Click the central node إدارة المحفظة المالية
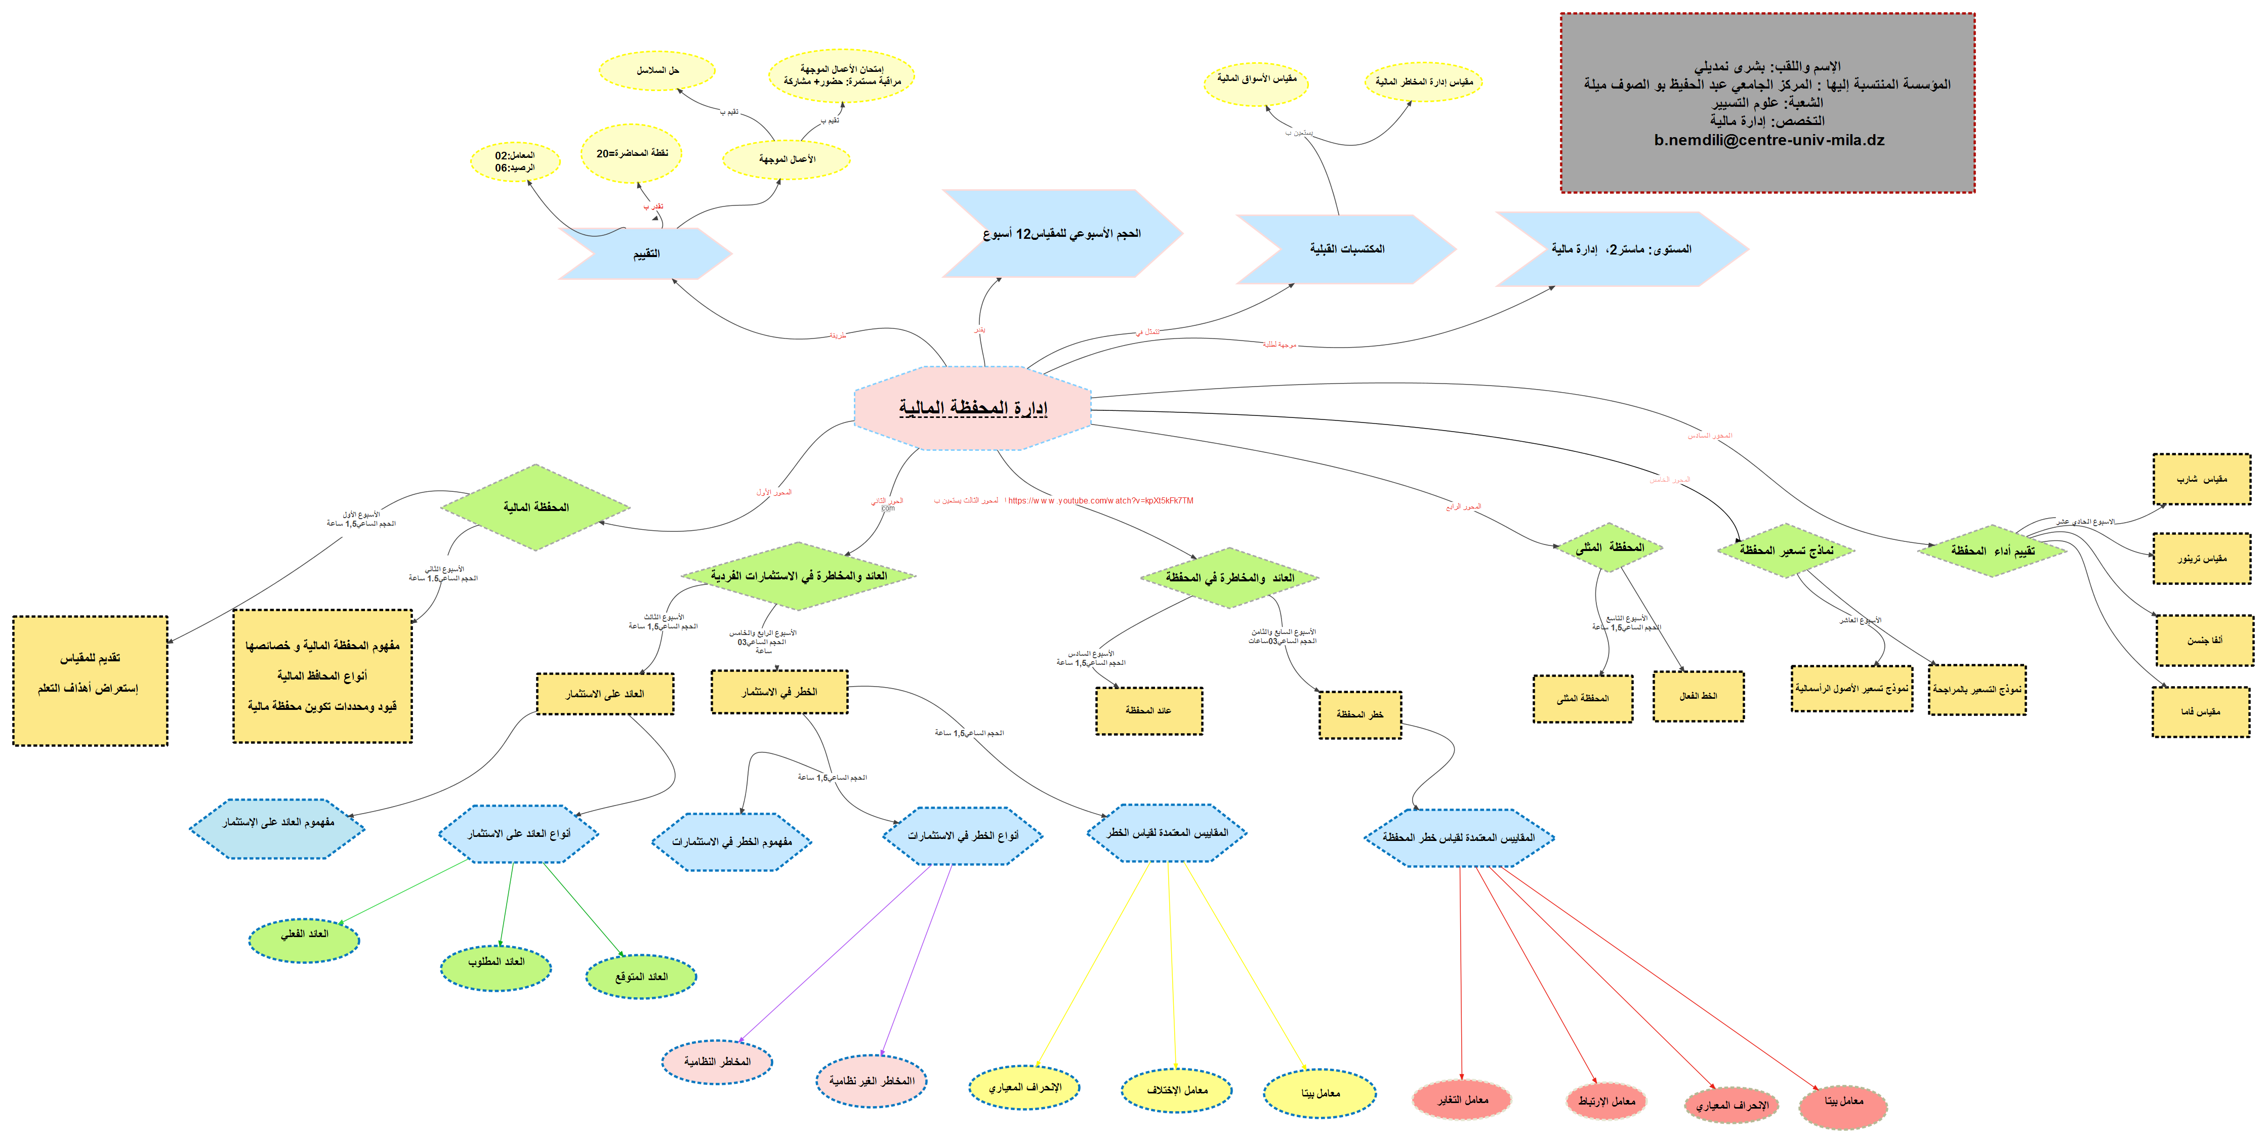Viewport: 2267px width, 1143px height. pos(972,407)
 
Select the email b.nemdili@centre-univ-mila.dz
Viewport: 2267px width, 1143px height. pos(1769,140)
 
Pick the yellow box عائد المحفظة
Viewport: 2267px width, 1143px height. pos(1148,710)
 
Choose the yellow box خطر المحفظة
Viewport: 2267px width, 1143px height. pos(1359,713)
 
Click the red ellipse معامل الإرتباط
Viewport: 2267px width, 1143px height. pos(1606,1101)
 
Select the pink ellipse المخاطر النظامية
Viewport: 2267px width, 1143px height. pos(716,1062)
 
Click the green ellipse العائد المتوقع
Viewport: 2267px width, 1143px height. pos(641,977)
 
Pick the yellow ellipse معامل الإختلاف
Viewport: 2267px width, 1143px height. pos(1177,1090)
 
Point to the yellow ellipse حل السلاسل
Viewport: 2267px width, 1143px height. pos(657,70)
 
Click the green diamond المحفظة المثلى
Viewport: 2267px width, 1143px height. pos(1610,547)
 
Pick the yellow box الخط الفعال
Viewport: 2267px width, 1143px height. pos(1698,696)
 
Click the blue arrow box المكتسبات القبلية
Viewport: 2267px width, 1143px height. pos(1346,249)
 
